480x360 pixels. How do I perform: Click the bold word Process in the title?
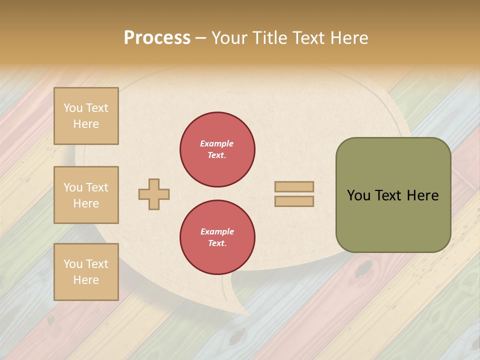[x=157, y=38]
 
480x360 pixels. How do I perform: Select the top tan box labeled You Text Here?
[x=86, y=116]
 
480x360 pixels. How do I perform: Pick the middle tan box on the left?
[x=86, y=195]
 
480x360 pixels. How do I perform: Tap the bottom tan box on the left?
[x=86, y=272]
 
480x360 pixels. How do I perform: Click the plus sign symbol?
[x=154, y=194]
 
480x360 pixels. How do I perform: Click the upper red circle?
[x=217, y=149]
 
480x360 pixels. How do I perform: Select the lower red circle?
[x=217, y=237]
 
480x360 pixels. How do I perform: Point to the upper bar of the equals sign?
[x=294, y=186]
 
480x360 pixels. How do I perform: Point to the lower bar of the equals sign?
[x=294, y=201]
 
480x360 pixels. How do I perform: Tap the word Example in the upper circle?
[x=217, y=143]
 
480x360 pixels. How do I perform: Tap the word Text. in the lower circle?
[x=217, y=243]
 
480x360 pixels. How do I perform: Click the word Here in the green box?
[x=422, y=195]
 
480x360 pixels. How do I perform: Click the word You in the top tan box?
[x=73, y=108]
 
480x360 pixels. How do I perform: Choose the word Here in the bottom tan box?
[x=86, y=280]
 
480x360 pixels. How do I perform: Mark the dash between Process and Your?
[x=200, y=38]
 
